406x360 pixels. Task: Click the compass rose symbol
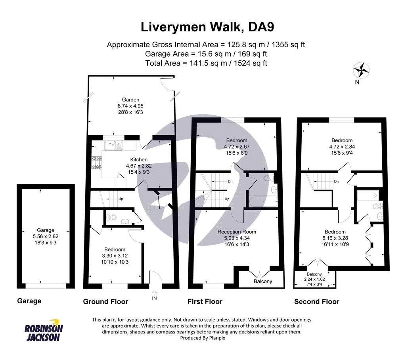point(361,70)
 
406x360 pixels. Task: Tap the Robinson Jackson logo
point(44,330)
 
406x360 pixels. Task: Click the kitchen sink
point(114,145)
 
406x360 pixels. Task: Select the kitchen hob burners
point(96,163)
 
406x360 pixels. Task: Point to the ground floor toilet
point(111,217)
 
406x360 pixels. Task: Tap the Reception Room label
point(237,232)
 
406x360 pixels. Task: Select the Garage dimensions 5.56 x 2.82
point(46,236)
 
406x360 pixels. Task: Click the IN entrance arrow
point(154,293)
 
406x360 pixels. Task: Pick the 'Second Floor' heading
point(317,302)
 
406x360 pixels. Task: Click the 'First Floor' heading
point(205,302)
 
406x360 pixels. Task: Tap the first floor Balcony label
point(263,281)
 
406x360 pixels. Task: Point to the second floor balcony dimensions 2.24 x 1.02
point(314,280)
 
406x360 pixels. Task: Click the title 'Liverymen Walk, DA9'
point(207,27)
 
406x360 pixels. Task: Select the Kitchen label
point(139,159)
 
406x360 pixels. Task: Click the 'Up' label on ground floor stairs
point(121,199)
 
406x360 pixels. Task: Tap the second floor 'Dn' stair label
point(336,181)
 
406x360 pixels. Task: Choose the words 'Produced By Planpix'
point(203,338)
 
